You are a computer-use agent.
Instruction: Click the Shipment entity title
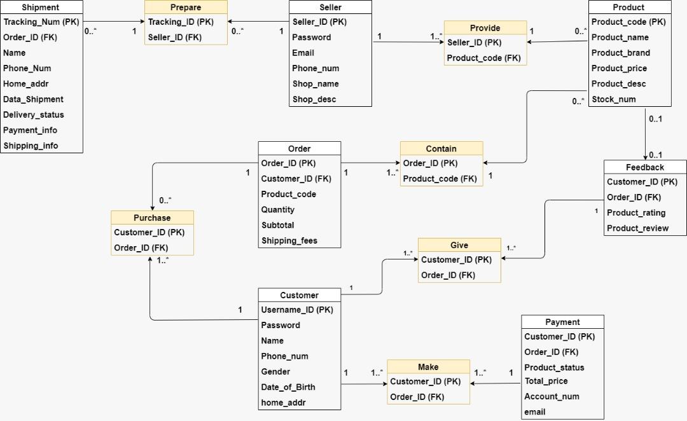pyautogui.click(x=41, y=8)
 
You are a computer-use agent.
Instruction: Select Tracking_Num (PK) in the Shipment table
pyautogui.click(x=41, y=22)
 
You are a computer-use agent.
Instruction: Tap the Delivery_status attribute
pyautogui.click(x=34, y=114)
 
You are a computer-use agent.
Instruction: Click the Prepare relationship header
pyautogui.click(x=186, y=8)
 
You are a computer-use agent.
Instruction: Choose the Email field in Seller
pyautogui.click(x=303, y=53)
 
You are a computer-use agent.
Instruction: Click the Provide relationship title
pyautogui.click(x=485, y=28)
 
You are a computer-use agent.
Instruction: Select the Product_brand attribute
pyautogui.click(x=621, y=53)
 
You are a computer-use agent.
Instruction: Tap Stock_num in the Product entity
pyautogui.click(x=614, y=99)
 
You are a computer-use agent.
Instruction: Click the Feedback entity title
pyautogui.click(x=644, y=167)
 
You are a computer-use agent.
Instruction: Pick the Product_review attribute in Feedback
pyautogui.click(x=637, y=228)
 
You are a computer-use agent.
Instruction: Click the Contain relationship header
pyautogui.click(x=441, y=149)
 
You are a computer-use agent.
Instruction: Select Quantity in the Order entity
pyautogui.click(x=278, y=209)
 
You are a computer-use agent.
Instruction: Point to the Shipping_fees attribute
pyautogui.click(x=289, y=240)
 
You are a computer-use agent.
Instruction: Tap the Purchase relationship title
pyautogui.click(x=152, y=217)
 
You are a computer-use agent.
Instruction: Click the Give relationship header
pyautogui.click(x=459, y=245)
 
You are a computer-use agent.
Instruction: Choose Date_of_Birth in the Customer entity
pyautogui.click(x=288, y=387)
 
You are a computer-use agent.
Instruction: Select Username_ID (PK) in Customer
pyautogui.click(x=297, y=310)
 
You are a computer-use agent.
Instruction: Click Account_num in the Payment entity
pyautogui.click(x=552, y=396)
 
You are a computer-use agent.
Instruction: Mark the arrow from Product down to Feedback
pyautogui.click(x=646, y=134)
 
